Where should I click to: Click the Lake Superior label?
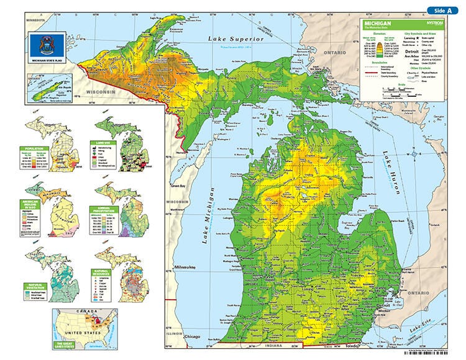tap(236, 39)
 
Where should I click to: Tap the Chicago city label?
tap(192, 337)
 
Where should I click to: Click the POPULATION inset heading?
tap(35, 149)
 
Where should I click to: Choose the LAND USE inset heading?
tap(103, 142)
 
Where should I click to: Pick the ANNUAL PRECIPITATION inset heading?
tap(103, 210)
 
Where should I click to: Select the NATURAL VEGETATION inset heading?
tap(35, 287)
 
